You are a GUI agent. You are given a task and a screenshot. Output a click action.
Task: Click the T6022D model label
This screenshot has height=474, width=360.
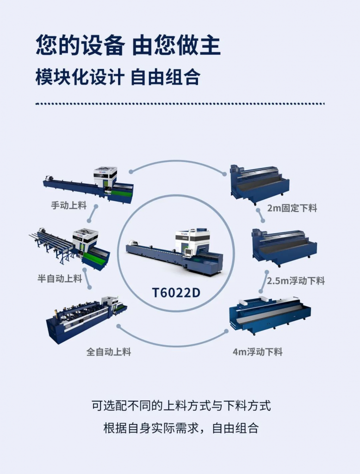click(x=176, y=293)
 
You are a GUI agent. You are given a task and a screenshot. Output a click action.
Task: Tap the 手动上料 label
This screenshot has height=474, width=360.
click(x=69, y=206)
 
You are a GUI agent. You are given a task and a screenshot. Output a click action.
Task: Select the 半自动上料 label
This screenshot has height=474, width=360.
click(x=60, y=278)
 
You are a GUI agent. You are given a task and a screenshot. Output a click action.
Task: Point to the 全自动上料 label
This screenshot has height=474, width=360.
click(x=109, y=352)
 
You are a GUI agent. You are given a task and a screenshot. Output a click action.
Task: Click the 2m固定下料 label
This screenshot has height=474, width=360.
click(x=292, y=208)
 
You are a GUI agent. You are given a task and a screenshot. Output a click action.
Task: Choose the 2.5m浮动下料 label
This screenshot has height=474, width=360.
click(x=296, y=281)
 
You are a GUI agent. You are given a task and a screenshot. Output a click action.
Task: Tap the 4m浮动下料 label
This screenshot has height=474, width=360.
click(x=258, y=352)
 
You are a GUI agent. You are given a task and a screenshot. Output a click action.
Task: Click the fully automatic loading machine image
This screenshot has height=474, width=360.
click(x=87, y=320)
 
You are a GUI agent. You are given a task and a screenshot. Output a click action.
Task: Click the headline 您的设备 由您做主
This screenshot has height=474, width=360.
click(x=128, y=46)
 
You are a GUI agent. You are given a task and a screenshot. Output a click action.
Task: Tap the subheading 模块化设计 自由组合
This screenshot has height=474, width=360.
click(x=118, y=77)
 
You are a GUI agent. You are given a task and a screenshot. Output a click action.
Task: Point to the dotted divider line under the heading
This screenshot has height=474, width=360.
click(x=180, y=104)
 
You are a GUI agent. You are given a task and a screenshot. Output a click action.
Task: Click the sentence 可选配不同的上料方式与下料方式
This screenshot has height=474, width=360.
click(x=181, y=405)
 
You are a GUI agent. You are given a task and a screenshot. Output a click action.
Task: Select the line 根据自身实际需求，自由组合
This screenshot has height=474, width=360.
click(x=181, y=428)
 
